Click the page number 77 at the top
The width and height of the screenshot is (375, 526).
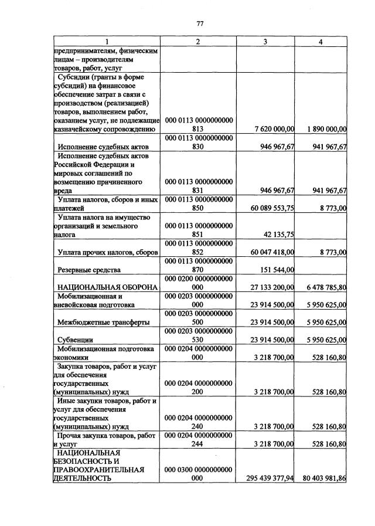(199, 23)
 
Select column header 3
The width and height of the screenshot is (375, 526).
(265, 42)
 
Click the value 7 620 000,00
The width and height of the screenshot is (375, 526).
(271, 129)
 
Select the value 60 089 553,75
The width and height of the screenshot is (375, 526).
(270, 208)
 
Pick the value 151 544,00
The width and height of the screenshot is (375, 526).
(277, 270)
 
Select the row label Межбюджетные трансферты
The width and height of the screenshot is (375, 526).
(98, 323)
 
